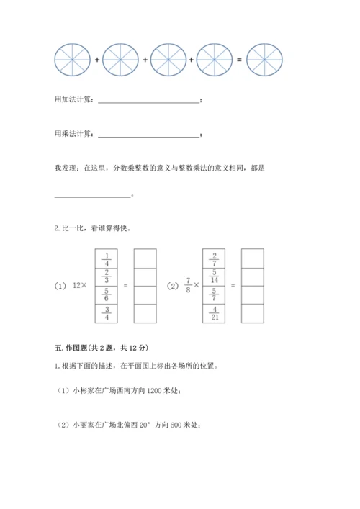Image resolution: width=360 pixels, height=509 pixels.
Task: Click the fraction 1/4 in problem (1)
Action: [106, 258]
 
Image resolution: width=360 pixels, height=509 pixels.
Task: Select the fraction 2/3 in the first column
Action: [106, 276]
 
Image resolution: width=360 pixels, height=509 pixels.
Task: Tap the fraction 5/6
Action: [106, 295]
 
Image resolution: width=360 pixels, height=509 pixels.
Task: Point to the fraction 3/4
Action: [106, 313]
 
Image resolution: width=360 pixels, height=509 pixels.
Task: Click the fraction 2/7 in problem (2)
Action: [214, 258]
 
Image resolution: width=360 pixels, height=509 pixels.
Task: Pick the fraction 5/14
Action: [214, 276]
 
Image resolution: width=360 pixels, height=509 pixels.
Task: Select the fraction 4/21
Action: [214, 313]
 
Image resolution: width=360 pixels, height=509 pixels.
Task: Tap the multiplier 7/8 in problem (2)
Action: [189, 286]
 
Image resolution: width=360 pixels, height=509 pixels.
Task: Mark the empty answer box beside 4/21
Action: [253, 313]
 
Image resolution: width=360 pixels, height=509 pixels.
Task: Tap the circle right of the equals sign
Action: [264, 59]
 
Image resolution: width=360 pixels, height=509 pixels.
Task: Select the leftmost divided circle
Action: [72, 59]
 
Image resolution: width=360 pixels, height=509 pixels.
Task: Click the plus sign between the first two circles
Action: [96, 59]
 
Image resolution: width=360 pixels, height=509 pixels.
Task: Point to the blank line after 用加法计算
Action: [148, 102]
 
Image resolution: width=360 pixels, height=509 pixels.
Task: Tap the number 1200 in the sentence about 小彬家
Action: [154, 391]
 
